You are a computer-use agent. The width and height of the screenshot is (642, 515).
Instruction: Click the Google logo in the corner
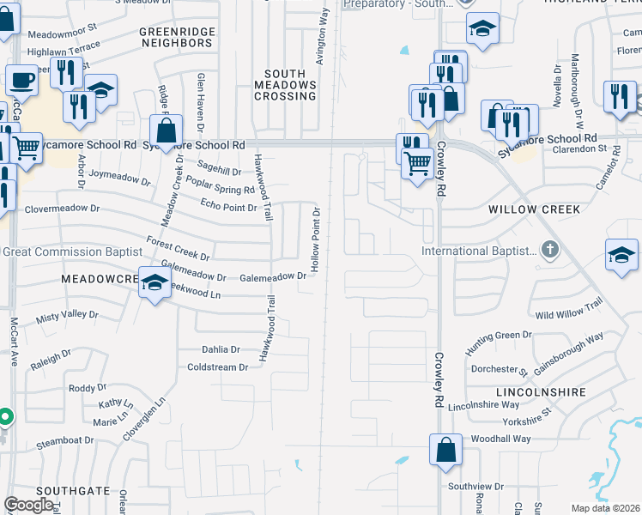[x=29, y=505]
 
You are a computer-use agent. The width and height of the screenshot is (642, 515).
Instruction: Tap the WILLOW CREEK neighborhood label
[x=534, y=209]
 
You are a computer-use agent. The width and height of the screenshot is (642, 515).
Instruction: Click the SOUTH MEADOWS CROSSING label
[x=285, y=85]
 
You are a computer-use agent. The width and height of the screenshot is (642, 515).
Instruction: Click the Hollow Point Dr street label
[x=316, y=239]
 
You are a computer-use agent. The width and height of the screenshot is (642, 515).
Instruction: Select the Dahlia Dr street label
[x=221, y=350]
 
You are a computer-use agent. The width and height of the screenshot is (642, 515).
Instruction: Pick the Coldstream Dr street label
[x=217, y=367]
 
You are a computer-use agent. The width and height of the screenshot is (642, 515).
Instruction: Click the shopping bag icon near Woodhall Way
[x=446, y=450]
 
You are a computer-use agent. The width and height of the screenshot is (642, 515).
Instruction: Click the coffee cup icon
[x=21, y=82]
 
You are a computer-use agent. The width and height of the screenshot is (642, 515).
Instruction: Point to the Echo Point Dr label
[x=228, y=208]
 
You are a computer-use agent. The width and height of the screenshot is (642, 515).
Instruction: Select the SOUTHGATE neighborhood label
[x=81, y=491]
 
